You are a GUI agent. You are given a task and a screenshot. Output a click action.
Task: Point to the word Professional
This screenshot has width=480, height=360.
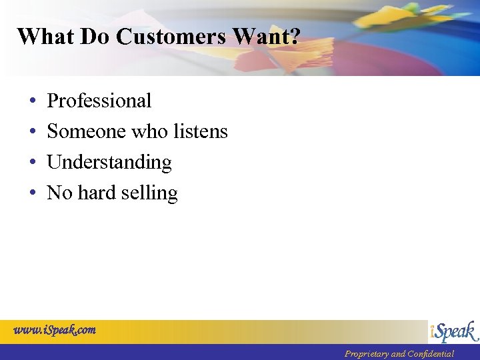pos(99,101)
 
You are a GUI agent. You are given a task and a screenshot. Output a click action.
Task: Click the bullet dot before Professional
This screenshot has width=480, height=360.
pos(33,101)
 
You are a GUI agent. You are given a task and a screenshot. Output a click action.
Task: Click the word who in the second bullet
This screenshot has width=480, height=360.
pos(150,131)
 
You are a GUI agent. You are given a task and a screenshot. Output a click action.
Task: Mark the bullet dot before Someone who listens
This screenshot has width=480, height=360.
pos(33,132)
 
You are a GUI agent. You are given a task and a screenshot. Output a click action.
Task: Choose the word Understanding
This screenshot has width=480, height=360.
pos(109,163)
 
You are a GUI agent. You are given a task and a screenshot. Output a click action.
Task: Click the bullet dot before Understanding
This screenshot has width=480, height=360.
pos(33,163)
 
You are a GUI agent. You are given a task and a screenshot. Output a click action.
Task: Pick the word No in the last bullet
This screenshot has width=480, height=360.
pos(59,193)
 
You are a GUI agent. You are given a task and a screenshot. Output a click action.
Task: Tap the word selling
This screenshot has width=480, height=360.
pos(150,193)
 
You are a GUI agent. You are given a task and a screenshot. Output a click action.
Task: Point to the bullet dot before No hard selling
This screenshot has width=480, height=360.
pos(33,193)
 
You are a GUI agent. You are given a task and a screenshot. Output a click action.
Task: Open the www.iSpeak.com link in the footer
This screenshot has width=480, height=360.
pos(55,329)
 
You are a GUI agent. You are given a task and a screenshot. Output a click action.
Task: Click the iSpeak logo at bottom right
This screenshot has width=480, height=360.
pos(454,331)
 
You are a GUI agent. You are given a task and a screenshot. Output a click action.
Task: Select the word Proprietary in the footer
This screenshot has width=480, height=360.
pos(366,354)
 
